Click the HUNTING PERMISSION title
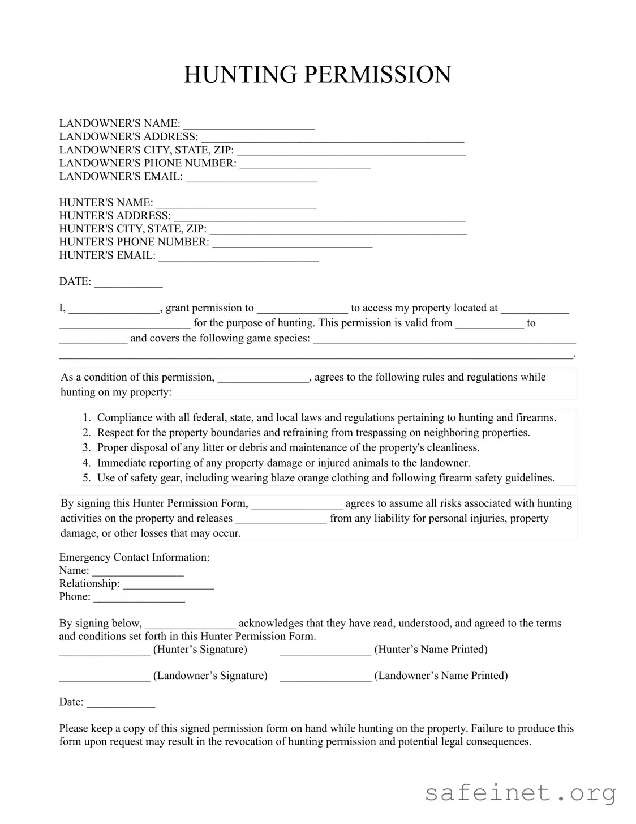317,75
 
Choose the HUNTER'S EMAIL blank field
238,257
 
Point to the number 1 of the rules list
86,418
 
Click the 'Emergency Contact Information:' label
134,557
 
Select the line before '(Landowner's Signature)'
105,677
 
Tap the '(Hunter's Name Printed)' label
431,650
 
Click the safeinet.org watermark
520,793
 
